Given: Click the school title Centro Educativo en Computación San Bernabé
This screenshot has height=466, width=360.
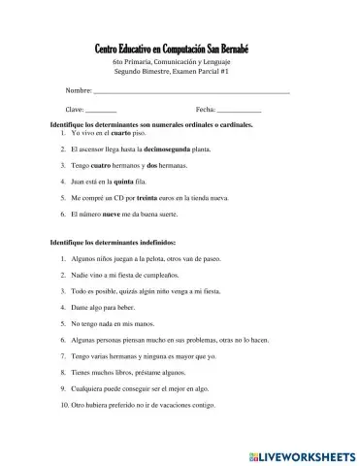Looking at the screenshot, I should tap(180, 50).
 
